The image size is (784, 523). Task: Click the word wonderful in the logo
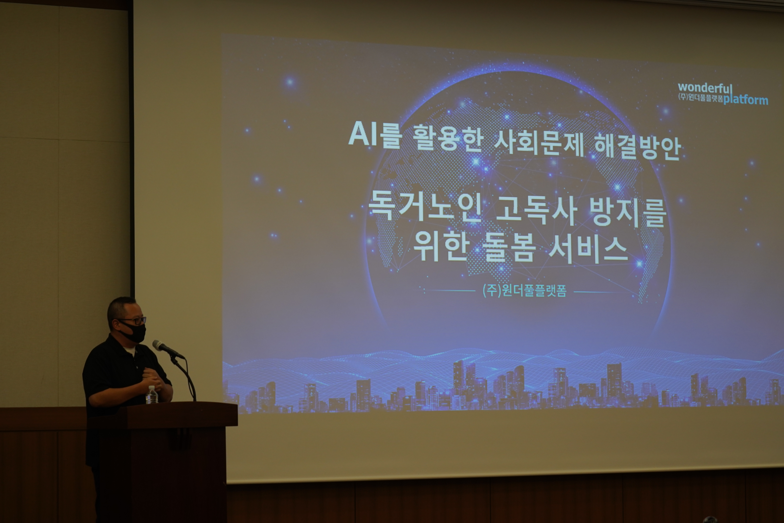click(x=705, y=88)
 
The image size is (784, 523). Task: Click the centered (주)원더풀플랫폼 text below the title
click(x=524, y=291)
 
